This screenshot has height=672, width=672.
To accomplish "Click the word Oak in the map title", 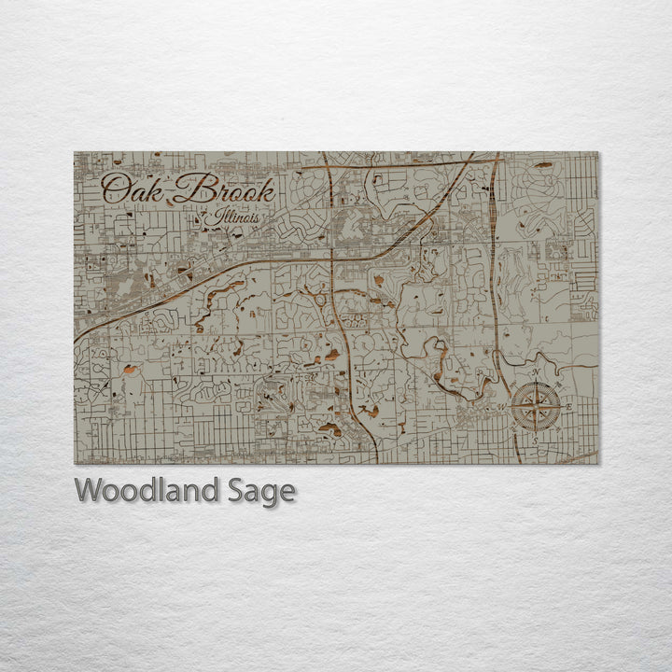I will [132, 189].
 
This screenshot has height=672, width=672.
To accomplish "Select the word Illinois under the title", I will [235, 218].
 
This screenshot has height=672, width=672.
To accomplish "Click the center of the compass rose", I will [536, 407].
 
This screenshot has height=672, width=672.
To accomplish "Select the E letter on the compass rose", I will [568, 407].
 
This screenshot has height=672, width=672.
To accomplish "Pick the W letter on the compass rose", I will [504, 407].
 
